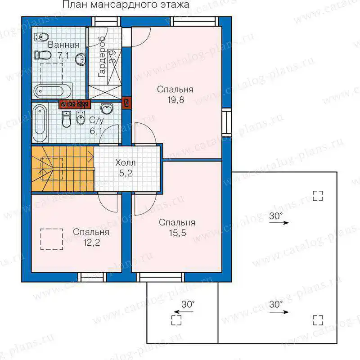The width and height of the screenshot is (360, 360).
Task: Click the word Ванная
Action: coord(63,45)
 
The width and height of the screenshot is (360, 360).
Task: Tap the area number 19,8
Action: coord(175,100)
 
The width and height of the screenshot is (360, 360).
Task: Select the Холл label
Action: coord(126,163)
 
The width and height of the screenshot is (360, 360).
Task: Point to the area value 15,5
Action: coord(177,233)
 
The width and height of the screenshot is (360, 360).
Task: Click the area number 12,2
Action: coord(92,243)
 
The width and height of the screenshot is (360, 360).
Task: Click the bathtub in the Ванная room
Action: coord(53,91)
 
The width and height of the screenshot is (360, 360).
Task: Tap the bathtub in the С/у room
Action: coord(40,123)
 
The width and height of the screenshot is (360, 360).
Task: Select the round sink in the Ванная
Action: coord(81,59)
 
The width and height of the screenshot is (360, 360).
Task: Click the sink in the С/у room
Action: coord(107,108)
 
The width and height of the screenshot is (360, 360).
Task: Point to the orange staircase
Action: coord(63,169)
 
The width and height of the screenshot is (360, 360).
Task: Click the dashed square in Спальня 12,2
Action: coord(52,239)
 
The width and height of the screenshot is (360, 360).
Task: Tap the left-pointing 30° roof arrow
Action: coord(184,312)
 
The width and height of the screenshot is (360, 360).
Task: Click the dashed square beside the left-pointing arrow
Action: coord(176,320)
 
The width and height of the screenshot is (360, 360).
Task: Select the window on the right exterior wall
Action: coord(227,122)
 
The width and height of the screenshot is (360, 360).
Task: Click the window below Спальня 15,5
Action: coord(161,277)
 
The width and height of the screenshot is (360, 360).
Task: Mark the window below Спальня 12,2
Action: coord(92,277)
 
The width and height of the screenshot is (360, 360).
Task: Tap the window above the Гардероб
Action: coord(106,22)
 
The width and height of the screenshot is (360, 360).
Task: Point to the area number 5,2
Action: coord(126,173)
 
